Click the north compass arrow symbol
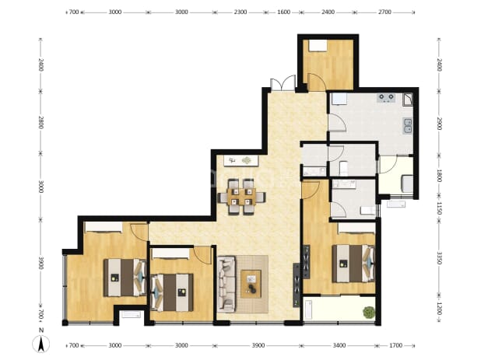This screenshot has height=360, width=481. [x=41, y=344]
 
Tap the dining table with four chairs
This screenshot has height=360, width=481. [x=242, y=197]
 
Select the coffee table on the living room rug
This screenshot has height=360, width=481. [x=251, y=284]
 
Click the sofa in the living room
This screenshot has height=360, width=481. [x=226, y=285]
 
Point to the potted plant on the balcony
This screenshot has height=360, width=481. [x=369, y=313]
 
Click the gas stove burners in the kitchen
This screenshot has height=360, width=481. [x=386, y=98]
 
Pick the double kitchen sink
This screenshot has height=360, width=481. [x=408, y=126]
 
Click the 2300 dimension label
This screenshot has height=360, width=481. [x=240, y=12]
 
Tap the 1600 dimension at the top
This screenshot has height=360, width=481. [x=283, y=12]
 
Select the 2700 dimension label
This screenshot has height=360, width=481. [x=384, y=12]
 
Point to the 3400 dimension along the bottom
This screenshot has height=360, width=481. [x=339, y=345]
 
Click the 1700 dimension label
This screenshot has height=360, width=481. [x=395, y=345]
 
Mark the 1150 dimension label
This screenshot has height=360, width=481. [x=439, y=208]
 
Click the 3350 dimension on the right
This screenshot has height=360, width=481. [x=439, y=258]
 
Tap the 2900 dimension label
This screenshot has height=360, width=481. [x=439, y=124]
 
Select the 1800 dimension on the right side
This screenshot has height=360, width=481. [x=439, y=176]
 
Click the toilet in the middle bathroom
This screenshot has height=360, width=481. [x=343, y=168]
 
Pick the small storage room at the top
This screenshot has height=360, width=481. [x=328, y=65]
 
